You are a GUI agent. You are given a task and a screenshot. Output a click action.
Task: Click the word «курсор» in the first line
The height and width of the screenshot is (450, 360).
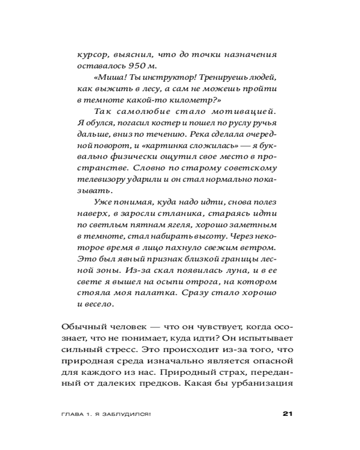click(92, 54)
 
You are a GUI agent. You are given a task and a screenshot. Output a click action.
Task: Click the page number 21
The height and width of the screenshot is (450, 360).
click(288, 414)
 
